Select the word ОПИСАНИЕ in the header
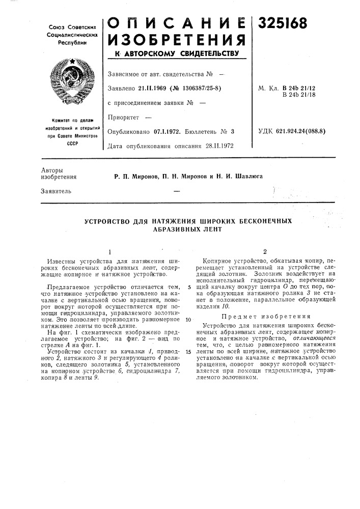point(176,21)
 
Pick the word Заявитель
point(54,191)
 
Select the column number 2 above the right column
point(264,251)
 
